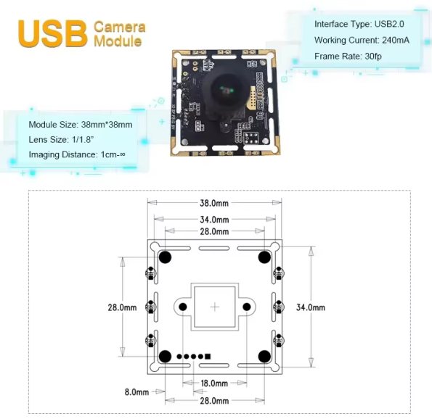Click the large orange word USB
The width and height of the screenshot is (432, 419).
coord(52,33)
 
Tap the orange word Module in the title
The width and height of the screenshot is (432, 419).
coord(118,41)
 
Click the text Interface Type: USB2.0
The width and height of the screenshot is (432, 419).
coord(359,24)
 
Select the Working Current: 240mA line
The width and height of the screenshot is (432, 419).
coord(362,40)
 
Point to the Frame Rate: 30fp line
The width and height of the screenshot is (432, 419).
coord(348,57)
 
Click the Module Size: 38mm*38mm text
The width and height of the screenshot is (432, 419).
coord(81,125)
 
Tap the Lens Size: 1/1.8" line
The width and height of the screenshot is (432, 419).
coord(61,140)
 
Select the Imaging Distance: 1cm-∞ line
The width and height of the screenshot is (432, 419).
coord(77,154)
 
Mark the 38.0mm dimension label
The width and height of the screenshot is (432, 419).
coord(214,203)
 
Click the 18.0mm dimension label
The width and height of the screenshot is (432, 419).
coord(214,383)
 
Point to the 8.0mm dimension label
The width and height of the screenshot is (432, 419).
coord(136,391)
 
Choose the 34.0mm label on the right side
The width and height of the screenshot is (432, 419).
coord(311,307)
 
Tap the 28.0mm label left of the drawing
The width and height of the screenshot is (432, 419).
coord(122,307)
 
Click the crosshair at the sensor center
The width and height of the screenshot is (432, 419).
coord(215,307)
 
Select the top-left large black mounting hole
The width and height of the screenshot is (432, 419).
coord(165,257)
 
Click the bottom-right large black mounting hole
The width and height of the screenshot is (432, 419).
coord(264,357)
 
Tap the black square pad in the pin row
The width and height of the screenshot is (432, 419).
coord(208,357)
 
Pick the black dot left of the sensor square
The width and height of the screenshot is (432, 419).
coord(183,307)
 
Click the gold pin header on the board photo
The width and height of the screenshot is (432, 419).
coord(253,97)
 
